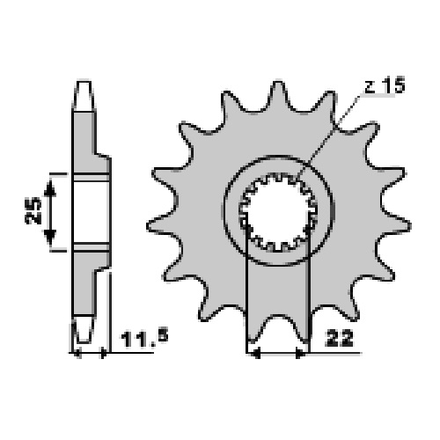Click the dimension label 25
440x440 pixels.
click(x=33, y=210)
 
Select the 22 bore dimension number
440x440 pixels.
click(x=339, y=339)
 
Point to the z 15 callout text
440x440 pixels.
click(x=385, y=85)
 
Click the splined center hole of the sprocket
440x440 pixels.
click(x=278, y=213)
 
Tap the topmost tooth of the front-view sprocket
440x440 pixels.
click(x=277, y=94)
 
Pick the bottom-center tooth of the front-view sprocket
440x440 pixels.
click(x=277, y=327)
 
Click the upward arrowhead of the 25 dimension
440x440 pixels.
click(x=50, y=187)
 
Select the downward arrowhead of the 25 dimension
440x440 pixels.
click(x=50, y=237)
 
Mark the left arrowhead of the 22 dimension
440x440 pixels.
click(x=256, y=353)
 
